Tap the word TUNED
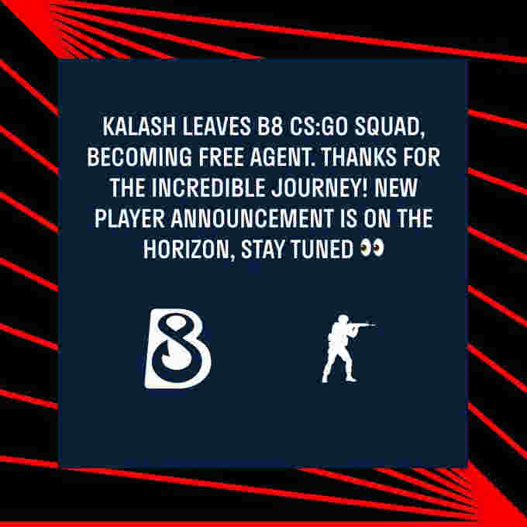point(322,249)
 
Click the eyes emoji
point(372,248)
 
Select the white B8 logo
point(177,349)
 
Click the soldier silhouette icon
point(347,349)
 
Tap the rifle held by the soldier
point(362,325)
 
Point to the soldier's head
point(343,319)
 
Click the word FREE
point(221,157)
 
